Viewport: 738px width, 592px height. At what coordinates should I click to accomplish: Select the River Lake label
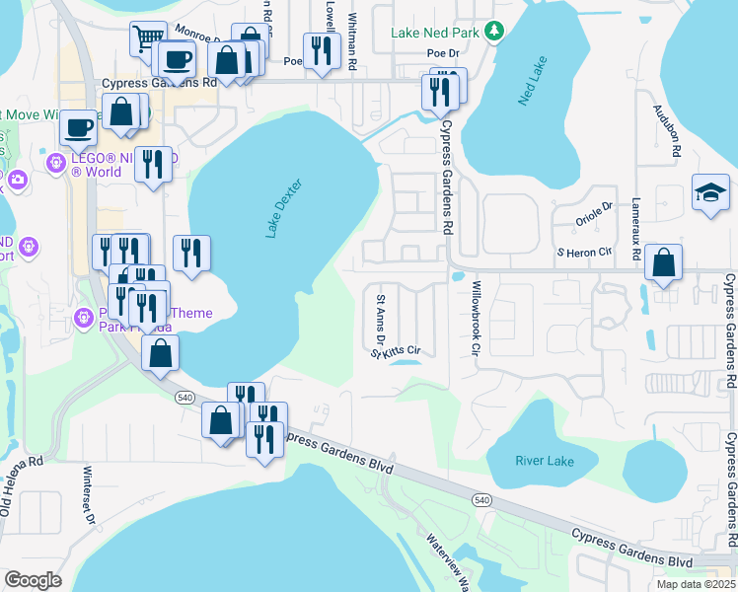point(543,460)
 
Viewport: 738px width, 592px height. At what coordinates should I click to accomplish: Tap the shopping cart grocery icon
point(148,39)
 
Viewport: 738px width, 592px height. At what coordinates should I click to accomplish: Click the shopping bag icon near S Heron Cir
point(664,263)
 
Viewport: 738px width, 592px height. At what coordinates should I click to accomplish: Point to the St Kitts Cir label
point(397,351)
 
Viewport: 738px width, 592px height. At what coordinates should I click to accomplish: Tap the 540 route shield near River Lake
point(481,501)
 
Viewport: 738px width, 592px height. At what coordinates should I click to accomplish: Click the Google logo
point(34,579)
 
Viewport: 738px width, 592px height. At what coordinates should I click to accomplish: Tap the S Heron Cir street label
point(583,254)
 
